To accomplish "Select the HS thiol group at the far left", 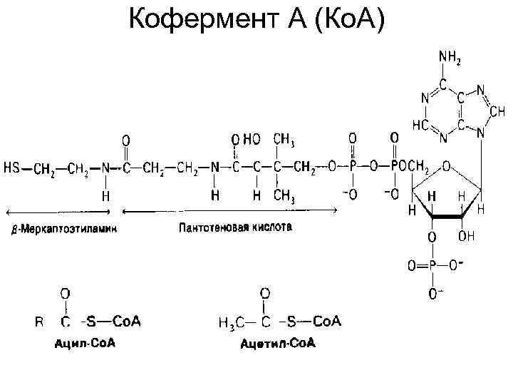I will pyautogui.click(x=13, y=168).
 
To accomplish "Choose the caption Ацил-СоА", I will pyautogui.click(x=85, y=344).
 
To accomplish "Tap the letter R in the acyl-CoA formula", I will pyautogui.click(x=39, y=322).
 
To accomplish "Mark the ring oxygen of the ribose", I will pyautogui.click(x=445, y=166).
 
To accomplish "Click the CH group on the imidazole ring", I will pyautogui.click(x=497, y=113).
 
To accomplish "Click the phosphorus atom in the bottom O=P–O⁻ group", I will pyautogui.click(x=433, y=266).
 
